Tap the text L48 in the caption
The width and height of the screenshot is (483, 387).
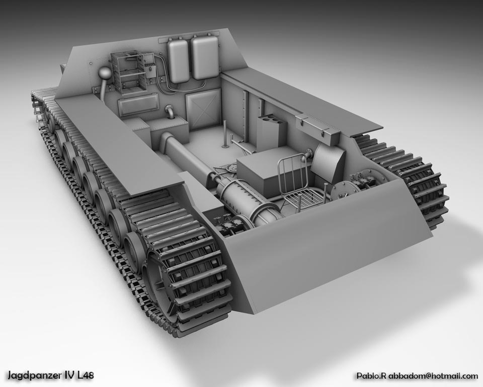coord(86,375)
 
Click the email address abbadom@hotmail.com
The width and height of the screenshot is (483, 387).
coord(433,375)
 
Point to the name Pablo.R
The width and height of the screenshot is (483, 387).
coord(371,376)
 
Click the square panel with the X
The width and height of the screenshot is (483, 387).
coord(203,111)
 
